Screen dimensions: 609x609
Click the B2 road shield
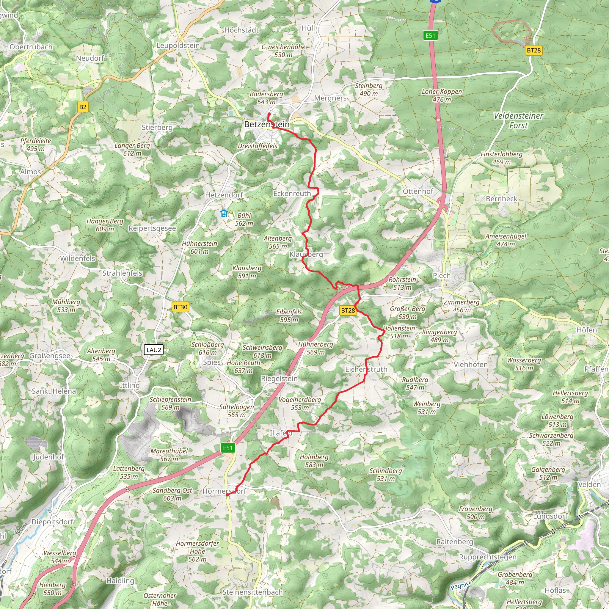[83, 107]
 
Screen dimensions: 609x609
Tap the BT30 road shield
[180, 307]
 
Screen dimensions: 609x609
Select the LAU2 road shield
[154, 350]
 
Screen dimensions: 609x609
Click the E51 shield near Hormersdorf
[227, 448]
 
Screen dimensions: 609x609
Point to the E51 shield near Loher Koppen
[430, 35]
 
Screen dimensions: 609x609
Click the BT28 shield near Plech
[348, 310]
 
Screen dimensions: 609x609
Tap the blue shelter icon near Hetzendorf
[224, 214]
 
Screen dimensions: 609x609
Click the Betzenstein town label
[267, 125]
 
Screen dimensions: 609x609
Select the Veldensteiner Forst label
[518, 120]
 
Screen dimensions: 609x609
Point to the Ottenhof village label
[418, 191]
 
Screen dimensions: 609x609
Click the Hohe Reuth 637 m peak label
[243, 367]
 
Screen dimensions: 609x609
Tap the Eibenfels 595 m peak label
[289, 316]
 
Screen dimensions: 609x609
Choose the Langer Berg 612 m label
[132, 149]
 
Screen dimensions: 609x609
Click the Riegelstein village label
[279, 379]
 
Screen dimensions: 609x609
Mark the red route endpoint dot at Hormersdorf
[227, 495]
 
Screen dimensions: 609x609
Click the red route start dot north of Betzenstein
[269, 114]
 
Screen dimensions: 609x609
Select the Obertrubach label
[31, 47]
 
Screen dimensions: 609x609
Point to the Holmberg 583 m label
[314, 461]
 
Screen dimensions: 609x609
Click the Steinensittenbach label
[252, 592]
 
